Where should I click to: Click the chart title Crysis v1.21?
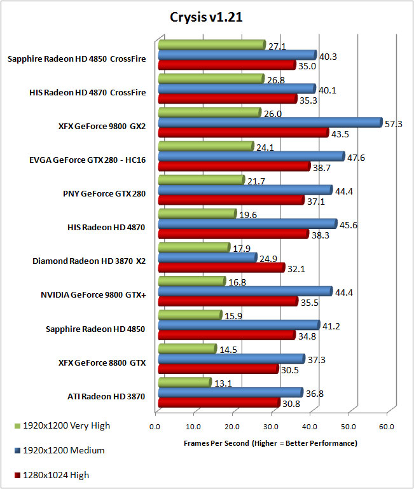coord(207,17)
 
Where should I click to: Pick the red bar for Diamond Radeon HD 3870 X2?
coord(216,267)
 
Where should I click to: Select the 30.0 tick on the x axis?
coord(271,427)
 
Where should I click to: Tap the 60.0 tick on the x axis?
coord(387,427)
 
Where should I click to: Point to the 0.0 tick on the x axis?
coord(155,427)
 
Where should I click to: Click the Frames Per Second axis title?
coord(270,443)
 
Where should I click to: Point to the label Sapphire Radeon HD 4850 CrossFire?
coord(77,59)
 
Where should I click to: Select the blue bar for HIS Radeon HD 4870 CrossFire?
coord(236,88)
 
